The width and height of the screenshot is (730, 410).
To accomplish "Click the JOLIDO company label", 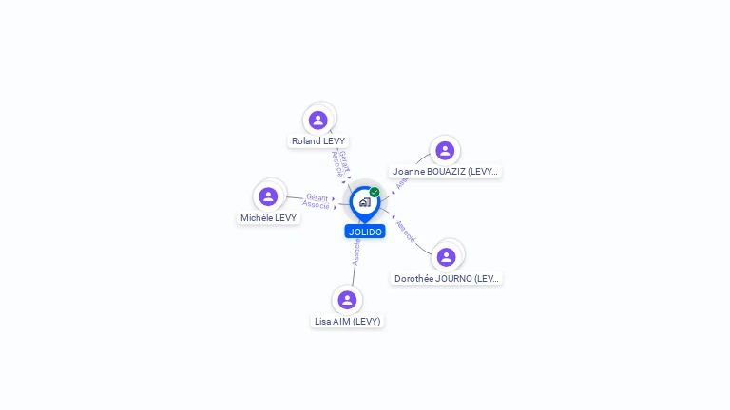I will coord(365,232).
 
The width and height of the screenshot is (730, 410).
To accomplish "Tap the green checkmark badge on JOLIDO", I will coord(375,193).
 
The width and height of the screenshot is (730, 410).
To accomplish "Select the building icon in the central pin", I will coord(364,202).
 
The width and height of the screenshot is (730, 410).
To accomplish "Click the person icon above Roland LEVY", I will coord(318,120).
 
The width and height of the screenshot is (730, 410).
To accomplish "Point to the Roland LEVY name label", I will coord(318,140).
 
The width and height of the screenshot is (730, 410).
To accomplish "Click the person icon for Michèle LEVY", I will coord(268,196).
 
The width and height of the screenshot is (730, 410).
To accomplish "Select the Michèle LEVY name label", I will coord(268,217).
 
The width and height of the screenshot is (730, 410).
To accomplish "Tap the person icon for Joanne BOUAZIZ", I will coord(445,151).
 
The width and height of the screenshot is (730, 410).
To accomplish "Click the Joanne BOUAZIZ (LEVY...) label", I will coord(445,172).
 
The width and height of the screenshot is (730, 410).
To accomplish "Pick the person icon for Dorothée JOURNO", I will coord(446,257).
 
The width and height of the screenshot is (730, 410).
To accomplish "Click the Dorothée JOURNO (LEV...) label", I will coord(446,278).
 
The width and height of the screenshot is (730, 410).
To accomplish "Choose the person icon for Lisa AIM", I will coord(347,300).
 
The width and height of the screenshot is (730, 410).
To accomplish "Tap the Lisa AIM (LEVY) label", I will coord(347,321).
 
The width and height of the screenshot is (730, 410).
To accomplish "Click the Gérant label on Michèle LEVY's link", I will coord(317,196).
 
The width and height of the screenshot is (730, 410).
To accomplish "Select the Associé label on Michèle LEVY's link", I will coord(317,205).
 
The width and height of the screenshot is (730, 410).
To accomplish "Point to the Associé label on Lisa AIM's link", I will coord(356,252).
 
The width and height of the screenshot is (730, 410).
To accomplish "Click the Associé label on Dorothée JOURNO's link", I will coord(405,231).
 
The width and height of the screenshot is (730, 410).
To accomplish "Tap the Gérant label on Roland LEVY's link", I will coord(344,160).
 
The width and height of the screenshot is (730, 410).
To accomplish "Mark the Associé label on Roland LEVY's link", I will coord(336,163).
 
